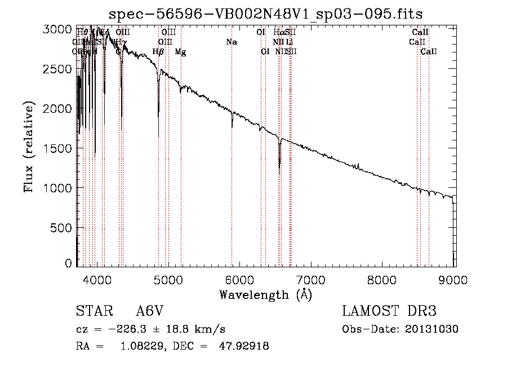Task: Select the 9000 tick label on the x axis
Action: pyautogui.click(x=454, y=279)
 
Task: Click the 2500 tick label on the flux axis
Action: pyautogui.click(x=59, y=69)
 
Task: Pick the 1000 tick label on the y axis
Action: pyautogui.click(x=59, y=188)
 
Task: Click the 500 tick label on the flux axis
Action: pyautogui.click(x=62, y=227)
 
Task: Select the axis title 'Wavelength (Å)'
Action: pyautogui.click(x=265, y=294)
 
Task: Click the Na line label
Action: pyautogui.click(x=232, y=42)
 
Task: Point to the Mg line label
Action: pyautogui.click(x=180, y=52)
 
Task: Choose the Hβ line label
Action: pyautogui.click(x=158, y=52)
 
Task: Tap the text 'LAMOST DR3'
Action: pyautogui.click(x=389, y=312)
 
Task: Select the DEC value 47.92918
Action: pyautogui.click(x=243, y=346)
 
